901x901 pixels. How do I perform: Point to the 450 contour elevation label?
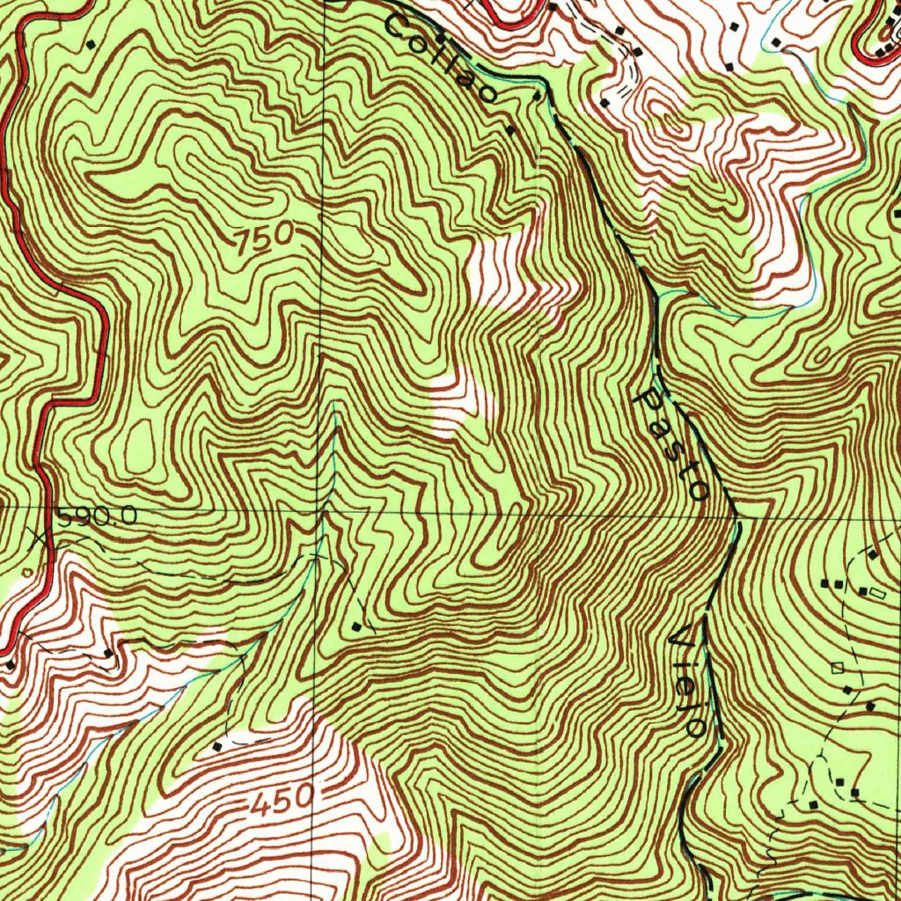tap(281, 801)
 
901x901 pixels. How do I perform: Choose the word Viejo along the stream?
tap(687, 682)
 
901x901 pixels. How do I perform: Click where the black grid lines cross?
tap(320, 510)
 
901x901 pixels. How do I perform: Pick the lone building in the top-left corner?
tap(91, 42)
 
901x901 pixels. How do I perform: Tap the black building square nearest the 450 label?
tap(218, 746)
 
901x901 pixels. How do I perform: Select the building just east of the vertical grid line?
tap(356, 626)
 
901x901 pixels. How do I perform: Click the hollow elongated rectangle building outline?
tap(877, 595)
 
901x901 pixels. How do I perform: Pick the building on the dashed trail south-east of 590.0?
tap(107, 653)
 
